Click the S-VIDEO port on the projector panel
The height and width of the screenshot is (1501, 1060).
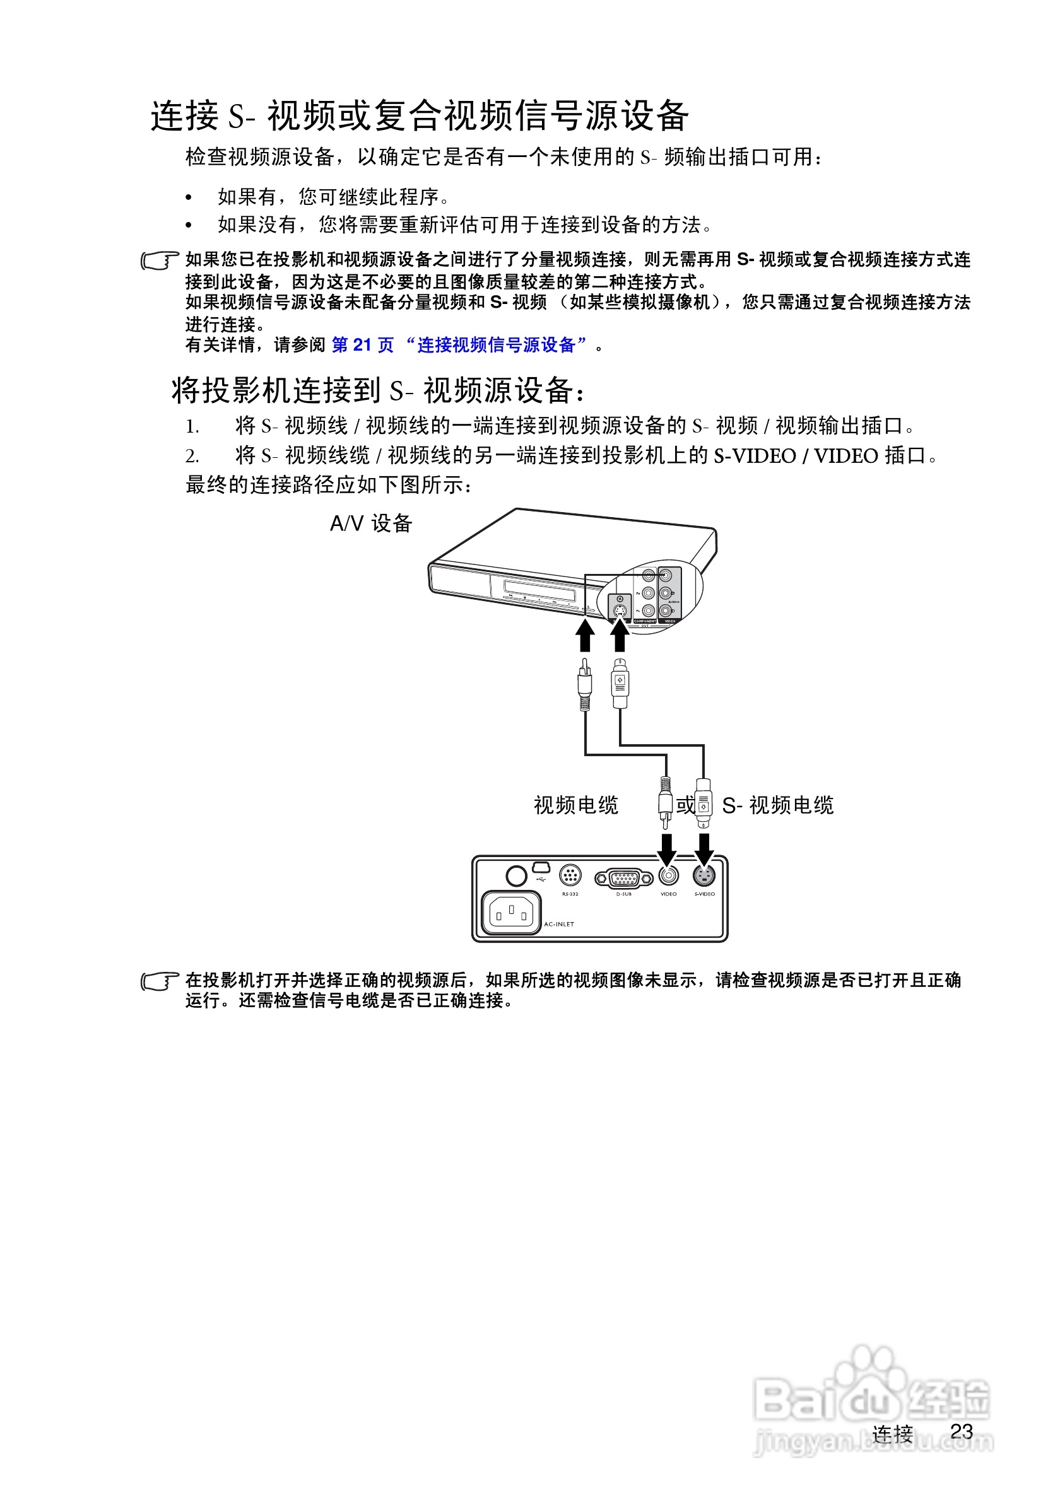tap(704, 875)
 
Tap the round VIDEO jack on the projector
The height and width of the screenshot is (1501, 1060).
tap(668, 875)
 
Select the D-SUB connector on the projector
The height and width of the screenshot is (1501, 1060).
tap(623, 877)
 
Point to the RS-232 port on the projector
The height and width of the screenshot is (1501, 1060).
tap(570, 874)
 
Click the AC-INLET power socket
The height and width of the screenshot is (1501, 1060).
tap(511, 913)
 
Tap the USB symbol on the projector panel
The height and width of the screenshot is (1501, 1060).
tap(541, 879)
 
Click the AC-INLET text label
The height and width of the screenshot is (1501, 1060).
tap(559, 924)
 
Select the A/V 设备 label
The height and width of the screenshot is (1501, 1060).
tap(371, 523)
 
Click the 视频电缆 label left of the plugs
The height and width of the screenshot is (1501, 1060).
tap(575, 805)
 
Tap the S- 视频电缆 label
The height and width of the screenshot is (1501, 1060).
tap(777, 805)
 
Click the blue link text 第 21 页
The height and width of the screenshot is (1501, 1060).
tap(363, 344)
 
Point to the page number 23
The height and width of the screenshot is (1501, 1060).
tap(962, 1431)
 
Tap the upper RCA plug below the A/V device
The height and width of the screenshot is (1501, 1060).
tap(586, 683)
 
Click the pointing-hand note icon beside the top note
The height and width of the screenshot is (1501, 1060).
tap(160, 260)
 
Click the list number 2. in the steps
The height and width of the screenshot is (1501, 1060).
tap(192, 455)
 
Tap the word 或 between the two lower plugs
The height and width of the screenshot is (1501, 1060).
tap(685, 805)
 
